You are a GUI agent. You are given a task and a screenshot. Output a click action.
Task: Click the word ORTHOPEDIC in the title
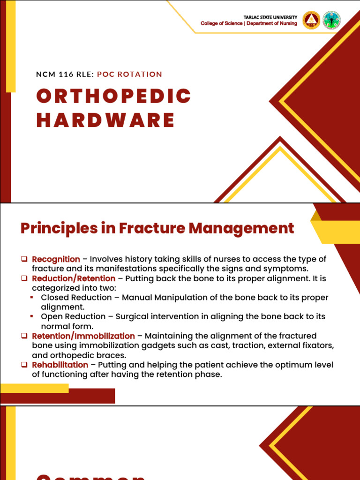(x=114, y=96)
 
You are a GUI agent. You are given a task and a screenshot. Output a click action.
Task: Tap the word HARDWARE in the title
(x=106, y=120)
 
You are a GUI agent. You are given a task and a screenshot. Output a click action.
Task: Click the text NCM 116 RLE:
(x=65, y=74)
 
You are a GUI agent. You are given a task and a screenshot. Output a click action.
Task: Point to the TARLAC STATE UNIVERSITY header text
(x=270, y=17)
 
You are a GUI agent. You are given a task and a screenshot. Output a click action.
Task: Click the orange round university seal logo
(x=312, y=20)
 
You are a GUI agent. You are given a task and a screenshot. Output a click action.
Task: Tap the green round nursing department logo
(x=332, y=20)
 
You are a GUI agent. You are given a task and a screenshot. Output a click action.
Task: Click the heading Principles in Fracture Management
(x=157, y=228)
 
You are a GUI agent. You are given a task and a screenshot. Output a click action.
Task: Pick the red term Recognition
(x=56, y=259)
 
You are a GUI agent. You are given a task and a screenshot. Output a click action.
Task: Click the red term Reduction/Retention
(x=74, y=278)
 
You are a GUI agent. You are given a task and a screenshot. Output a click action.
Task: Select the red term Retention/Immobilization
(x=83, y=336)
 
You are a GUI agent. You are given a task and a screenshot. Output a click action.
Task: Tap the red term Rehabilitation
(x=60, y=365)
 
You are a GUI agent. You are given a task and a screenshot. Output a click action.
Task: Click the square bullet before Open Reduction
(x=32, y=317)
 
